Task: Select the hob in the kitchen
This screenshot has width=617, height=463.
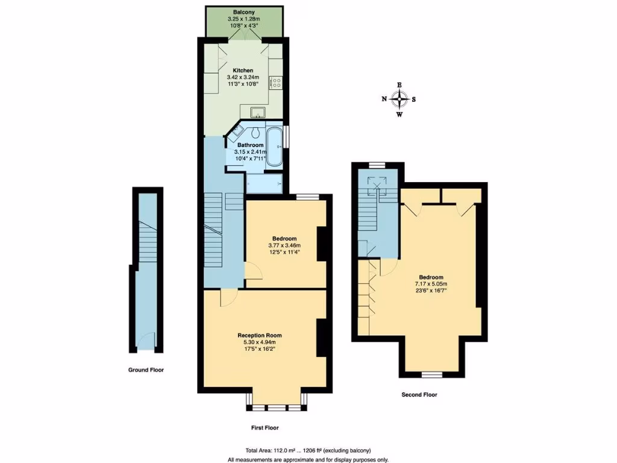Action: [276, 83]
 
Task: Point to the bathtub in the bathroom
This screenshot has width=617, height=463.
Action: [274, 146]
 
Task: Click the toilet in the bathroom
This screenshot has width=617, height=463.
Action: [256, 133]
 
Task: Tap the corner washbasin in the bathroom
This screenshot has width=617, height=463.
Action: [237, 130]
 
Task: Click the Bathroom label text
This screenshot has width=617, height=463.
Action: [250, 145]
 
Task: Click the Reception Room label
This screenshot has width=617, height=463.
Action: [259, 335]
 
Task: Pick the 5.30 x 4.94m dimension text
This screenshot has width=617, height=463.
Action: [259, 342]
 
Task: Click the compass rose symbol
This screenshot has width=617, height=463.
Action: [399, 99]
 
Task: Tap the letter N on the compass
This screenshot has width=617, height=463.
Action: [384, 99]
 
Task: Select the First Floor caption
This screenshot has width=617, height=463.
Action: [265, 427]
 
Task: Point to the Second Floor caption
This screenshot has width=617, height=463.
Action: [419, 395]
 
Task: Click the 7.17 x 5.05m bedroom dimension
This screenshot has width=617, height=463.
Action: [430, 283]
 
